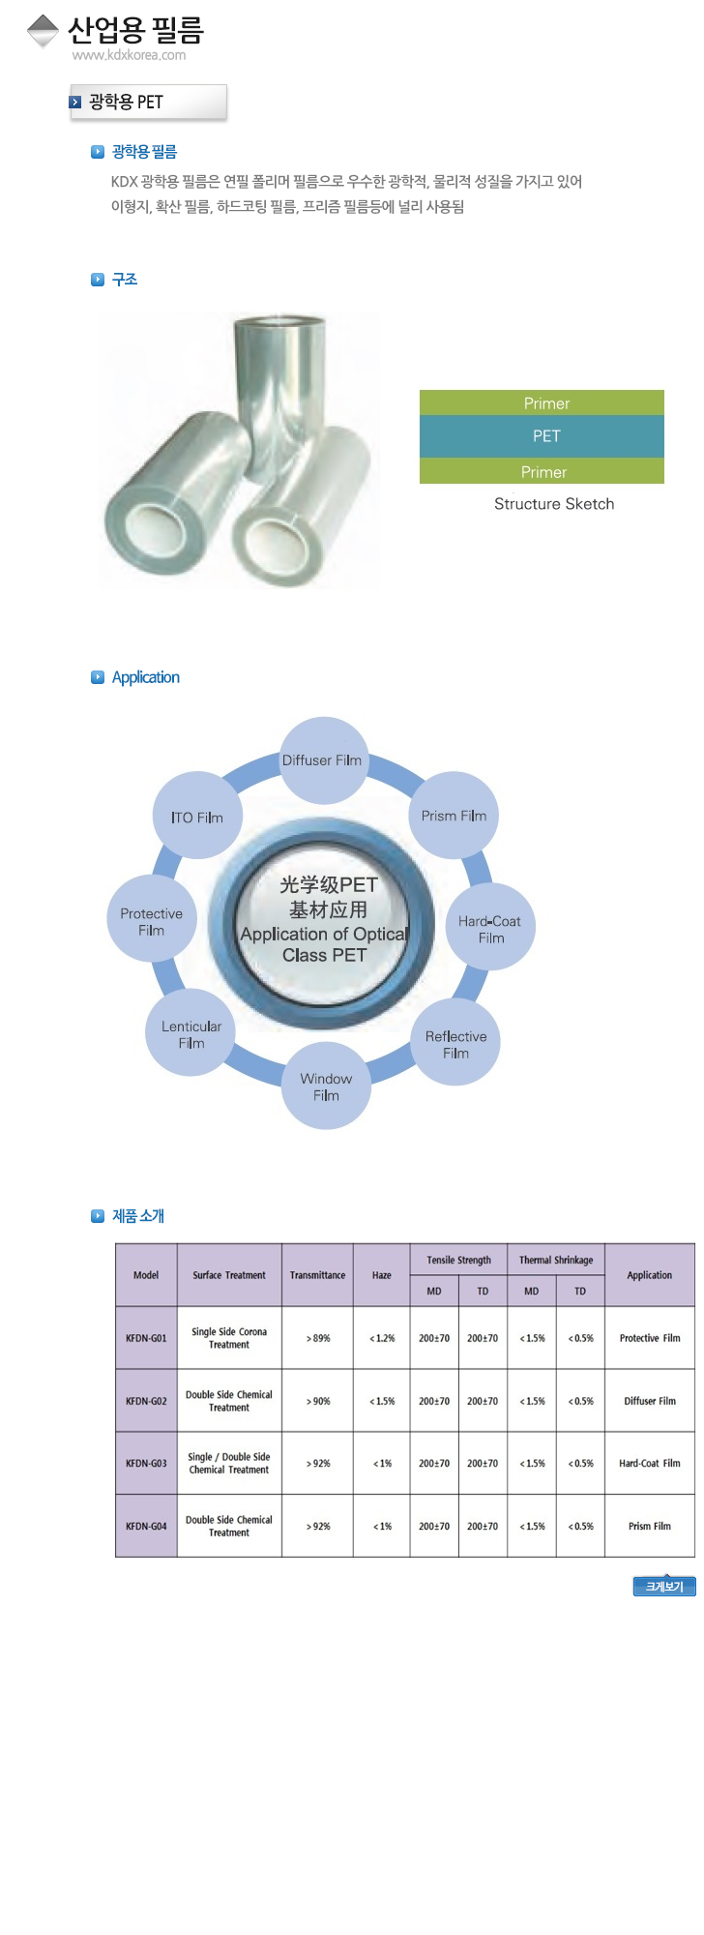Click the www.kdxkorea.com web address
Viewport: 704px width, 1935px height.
[x=129, y=55]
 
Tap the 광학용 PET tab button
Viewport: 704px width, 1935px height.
[x=148, y=102]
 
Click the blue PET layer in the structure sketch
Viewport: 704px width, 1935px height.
[x=542, y=436]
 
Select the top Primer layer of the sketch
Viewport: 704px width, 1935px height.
[x=542, y=402]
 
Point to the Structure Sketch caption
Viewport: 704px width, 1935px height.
[x=554, y=504]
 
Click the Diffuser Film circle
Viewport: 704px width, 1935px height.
[x=323, y=760]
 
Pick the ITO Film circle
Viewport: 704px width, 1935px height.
[x=197, y=817]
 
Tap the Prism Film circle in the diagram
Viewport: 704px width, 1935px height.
[x=454, y=816]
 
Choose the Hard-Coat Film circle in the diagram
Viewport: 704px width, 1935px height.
[x=490, y=928]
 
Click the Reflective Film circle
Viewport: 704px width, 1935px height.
[x=455, y=1043]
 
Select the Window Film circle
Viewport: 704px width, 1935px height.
[x=326, y=1087]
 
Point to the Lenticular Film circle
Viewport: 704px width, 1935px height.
[x=191, y=1033]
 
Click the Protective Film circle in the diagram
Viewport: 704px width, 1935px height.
[x=152, y=920]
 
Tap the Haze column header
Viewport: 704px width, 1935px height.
[x=382, y=1275]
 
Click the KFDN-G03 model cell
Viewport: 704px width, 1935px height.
[x=146, y=1463]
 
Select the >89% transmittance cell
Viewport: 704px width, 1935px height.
[x=317, y=1338]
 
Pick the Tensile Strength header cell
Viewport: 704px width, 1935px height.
[x=458, y=1260]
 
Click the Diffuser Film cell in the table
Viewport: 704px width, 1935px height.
[x=649, y=1401]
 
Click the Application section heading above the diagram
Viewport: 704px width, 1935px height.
[x=146, y=677]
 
